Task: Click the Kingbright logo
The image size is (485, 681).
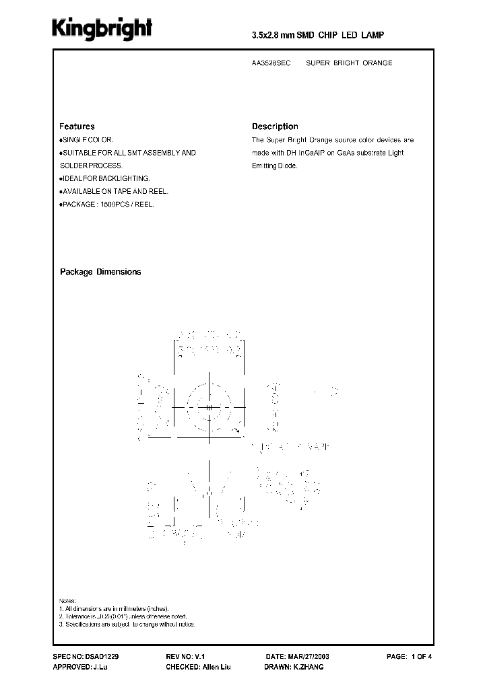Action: [x=103, y=29]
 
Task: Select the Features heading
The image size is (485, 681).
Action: [x=77, y=127]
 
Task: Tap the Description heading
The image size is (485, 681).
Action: [x=275, y=127]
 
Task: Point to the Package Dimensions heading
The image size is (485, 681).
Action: [x=100, y=272]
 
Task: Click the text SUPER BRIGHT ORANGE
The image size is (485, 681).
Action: [x=349, y=63]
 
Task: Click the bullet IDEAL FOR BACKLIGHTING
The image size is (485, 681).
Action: [x=106, y=178]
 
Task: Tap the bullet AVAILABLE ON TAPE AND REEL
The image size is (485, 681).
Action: [x=115, y=191]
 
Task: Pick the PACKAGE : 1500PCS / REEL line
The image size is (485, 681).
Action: [x=108, y=204]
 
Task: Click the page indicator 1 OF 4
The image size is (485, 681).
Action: [x=424, y=655]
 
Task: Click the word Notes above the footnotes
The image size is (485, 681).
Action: [x=68, y=600]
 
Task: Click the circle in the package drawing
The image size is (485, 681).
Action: [x=209, y=407]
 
